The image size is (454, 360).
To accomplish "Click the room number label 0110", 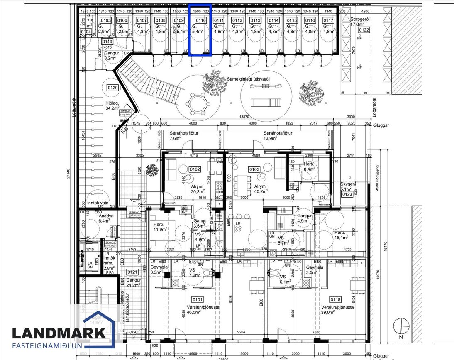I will [201, 20].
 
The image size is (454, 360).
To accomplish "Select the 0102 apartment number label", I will [195, 169].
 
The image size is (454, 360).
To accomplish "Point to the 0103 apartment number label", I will [254, 169].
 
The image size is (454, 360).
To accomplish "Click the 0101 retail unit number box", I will [198, 299].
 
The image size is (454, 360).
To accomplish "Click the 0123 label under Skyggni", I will [347, 194].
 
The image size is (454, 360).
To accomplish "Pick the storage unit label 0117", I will [328, 20].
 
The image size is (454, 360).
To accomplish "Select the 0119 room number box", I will [107, 42].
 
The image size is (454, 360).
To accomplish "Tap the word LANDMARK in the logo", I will [59, 333].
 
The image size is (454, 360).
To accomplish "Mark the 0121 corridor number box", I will [132, 272].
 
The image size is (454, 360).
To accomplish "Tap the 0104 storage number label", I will [85, 32].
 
